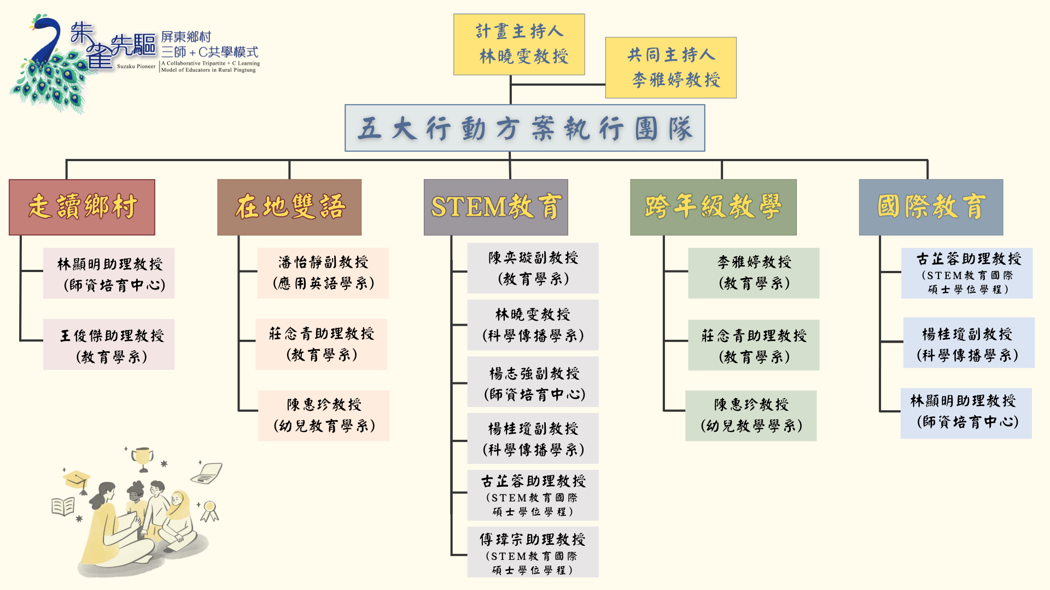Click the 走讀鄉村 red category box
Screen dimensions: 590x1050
[82, 207]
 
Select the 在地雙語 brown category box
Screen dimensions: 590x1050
[289, 207]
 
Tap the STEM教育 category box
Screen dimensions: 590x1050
[495, 207]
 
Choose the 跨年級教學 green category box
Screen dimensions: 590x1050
[713, 207]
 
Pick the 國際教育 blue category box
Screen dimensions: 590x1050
[931, 207]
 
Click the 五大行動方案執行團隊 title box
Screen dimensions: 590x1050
[524, 128]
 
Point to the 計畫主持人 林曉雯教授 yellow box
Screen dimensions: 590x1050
[519, 44]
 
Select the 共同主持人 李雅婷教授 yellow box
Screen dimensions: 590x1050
[670, 68]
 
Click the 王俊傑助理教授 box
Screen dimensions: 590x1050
[109, 345]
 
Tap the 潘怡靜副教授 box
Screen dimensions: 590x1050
[323, 273]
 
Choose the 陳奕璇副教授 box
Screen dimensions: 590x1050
[533, 268]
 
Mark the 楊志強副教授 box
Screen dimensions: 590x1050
[533, 382]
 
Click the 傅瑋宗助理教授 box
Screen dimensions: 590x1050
[533, 552]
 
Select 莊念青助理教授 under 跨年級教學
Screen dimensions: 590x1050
[754, 345]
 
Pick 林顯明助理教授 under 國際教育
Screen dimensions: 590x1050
[966, 414]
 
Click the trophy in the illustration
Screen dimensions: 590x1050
[143, 458]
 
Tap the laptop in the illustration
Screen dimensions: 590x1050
[207, 473]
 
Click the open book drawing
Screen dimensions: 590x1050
[63, 506]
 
